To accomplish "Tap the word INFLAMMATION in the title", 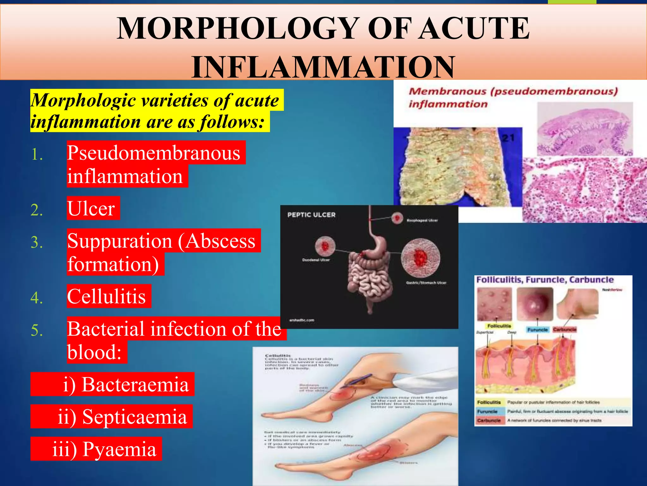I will point(323,67).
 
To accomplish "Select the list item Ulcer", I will point(91,209).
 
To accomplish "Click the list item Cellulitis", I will point(106,296).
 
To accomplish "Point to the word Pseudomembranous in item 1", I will point(154,153).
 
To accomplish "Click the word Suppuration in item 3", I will point(119,241).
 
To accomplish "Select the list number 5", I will point(37,330).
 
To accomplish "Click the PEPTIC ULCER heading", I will point(311,215).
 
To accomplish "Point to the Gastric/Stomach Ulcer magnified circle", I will point(420,257).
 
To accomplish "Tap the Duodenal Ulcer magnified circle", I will point(325,246).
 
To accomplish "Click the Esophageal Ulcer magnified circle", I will point(397,218).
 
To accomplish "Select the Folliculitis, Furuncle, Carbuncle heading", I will point(545,280).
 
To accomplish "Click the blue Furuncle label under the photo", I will point(537,330).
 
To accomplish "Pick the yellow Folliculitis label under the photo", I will point(499,326).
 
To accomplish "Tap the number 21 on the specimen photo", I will point(508,138).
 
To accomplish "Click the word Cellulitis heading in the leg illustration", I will point(278,356).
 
